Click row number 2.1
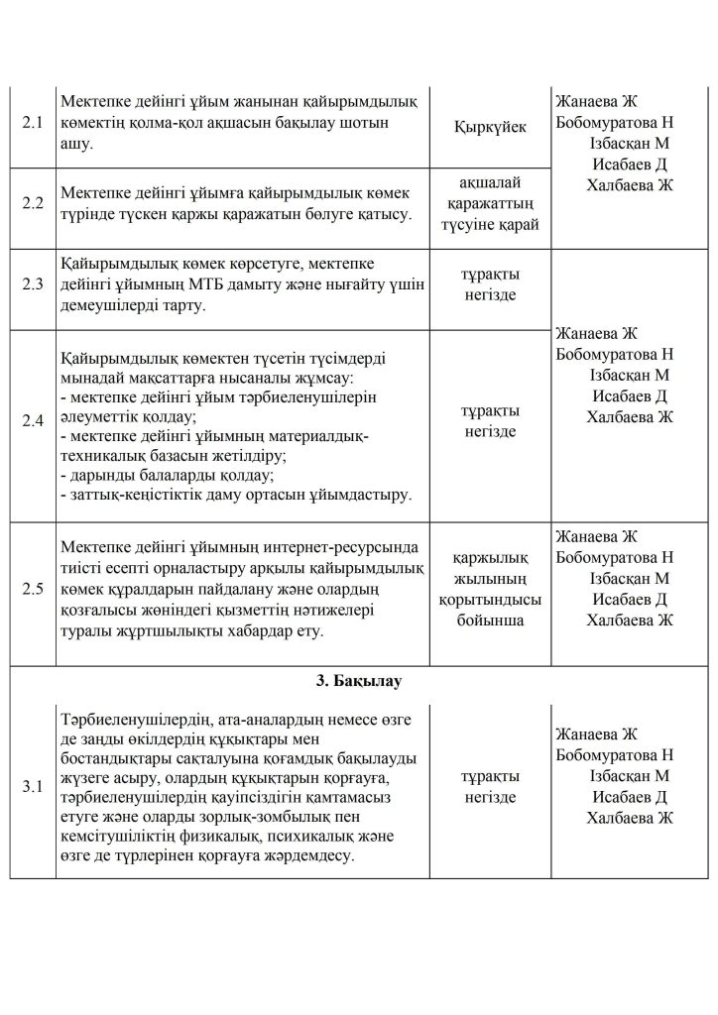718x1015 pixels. [33, 127]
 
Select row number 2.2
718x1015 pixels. [33, 203]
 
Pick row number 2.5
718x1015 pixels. [33, 589]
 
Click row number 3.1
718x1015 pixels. [33, 787]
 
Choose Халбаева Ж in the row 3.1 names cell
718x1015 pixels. [629, 818]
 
